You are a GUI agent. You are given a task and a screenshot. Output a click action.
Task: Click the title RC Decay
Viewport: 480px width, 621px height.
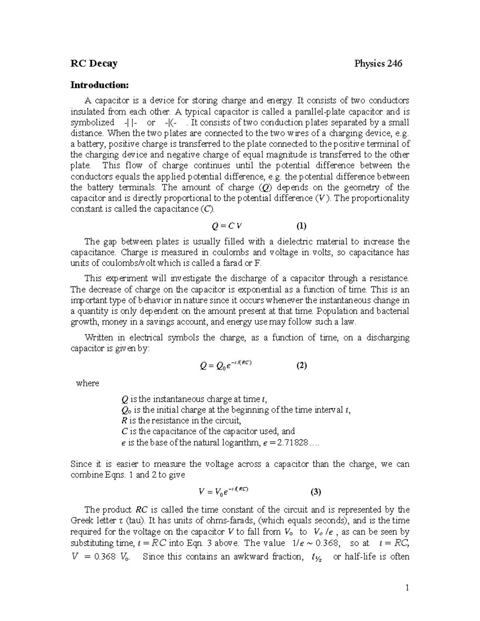(94, 64)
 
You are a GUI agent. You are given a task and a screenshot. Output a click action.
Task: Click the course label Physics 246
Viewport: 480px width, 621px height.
(378, 64)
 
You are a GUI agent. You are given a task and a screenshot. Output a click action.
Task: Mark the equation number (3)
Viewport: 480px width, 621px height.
(316, 492)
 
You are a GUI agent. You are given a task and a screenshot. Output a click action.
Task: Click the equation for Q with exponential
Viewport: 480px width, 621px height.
(225, 365)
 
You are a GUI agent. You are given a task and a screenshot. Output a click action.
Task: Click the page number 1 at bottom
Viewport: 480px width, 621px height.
(407, 588)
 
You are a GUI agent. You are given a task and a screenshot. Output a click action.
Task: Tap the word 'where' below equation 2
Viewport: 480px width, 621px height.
(87, 383)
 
